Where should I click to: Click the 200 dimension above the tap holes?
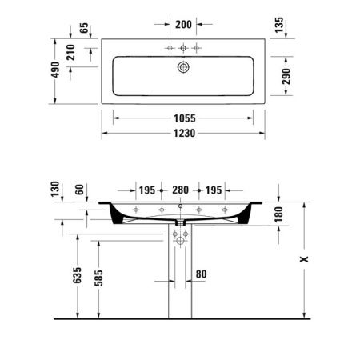(182, 25)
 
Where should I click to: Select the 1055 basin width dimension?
(183, 118)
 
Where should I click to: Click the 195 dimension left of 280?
(146, 190)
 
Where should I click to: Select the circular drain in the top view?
(183, 68)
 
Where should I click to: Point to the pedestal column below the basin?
(181, 280)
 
